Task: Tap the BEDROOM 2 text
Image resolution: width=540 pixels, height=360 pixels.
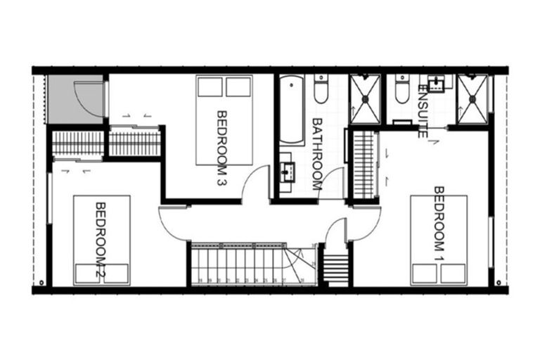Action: pyautogui.click(x=100, y=242)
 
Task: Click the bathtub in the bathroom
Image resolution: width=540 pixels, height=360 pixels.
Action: pyautogui.click(x=288, y=108)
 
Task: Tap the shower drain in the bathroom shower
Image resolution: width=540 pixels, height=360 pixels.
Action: pyautogui.click(x=365, y=99)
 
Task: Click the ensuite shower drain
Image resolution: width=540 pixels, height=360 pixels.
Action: pyautogui.click(x=472, y=99)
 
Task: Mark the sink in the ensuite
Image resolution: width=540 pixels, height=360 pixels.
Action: pyautogui.click(x=439, y=83)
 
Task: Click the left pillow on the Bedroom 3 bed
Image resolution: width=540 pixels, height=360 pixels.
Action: pyautogui.click(x=210, y=86)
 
